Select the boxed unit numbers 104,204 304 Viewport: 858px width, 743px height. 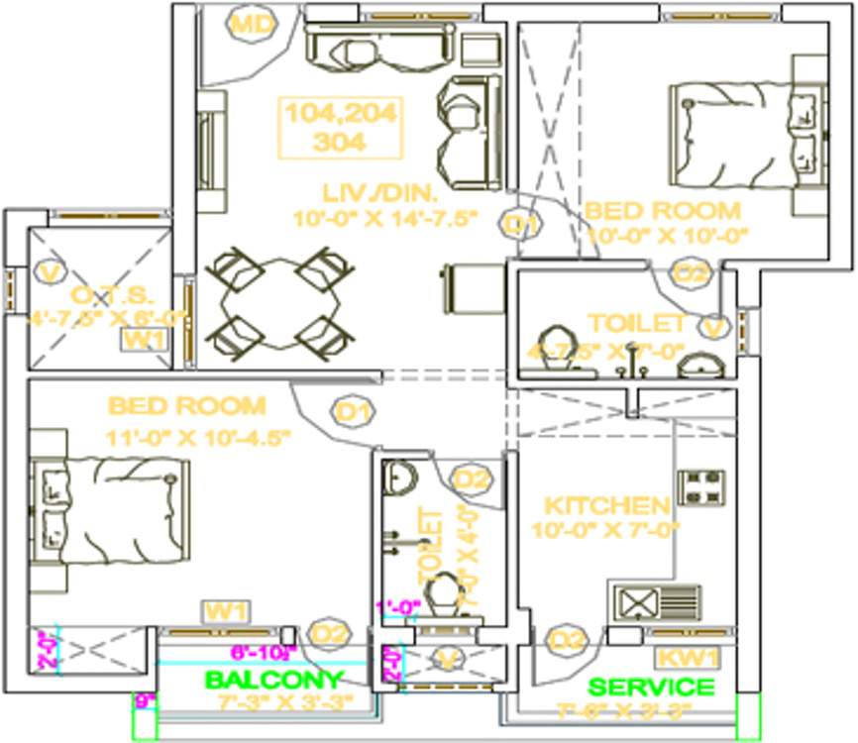(x=341, y=128)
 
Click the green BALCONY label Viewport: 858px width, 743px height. (x=273, y=681)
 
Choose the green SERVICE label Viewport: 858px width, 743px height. (x=650, y=687)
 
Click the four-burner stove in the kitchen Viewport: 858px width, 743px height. (x=704, y=486)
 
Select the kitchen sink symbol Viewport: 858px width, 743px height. (x=658, y=602)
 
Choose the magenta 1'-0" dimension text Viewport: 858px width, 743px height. (x=398, y=607)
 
